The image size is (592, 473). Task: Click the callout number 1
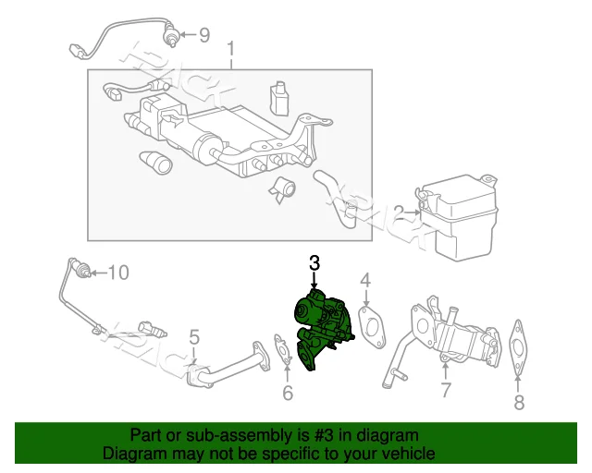point(230,48)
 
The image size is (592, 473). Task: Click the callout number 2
point(399,212)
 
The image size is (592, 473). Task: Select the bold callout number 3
point(314,263)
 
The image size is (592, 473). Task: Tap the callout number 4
point(365,280)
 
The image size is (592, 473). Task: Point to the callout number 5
point(194,336)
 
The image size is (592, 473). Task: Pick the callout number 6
point(287,394)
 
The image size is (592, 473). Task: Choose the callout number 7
point(445,390)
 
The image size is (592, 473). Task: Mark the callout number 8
point(518,402)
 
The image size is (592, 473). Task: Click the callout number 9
point(203,35)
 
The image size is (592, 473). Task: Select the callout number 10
point(119,272)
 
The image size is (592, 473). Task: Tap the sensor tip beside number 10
point(84,271)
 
